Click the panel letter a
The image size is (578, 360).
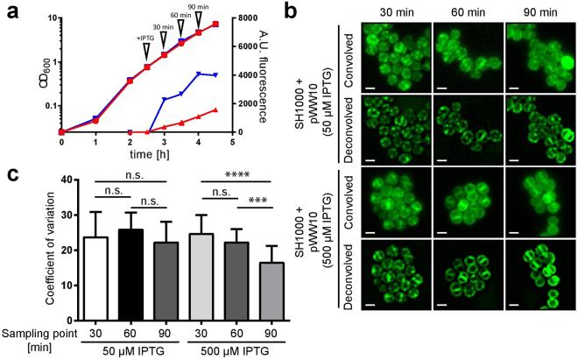11,11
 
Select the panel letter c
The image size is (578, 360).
11,164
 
